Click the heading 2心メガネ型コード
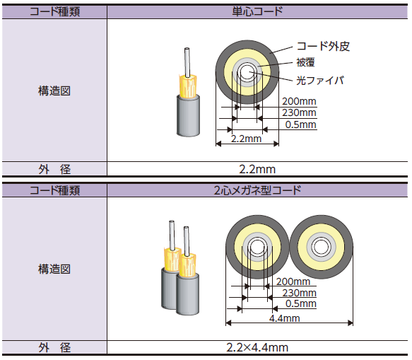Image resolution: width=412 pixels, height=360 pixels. (257, 190)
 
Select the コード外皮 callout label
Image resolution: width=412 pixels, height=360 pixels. (323, 47)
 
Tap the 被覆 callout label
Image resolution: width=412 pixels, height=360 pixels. (305, 64)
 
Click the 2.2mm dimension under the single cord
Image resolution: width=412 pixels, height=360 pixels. (247, 139)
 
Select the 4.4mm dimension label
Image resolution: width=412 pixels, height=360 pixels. (286, 318)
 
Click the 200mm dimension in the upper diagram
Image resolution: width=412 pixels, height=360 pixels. (298, 101)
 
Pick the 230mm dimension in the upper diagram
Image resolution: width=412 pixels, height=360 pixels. (298, 113)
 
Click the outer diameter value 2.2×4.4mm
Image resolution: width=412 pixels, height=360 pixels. (257, 347)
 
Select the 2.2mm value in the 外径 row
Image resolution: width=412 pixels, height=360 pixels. (257, 168)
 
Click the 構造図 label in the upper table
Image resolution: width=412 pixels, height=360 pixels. (54, 91)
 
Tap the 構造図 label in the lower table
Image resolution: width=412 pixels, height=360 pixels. (54, 269)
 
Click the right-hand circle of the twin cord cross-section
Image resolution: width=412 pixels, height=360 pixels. (321, 248)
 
